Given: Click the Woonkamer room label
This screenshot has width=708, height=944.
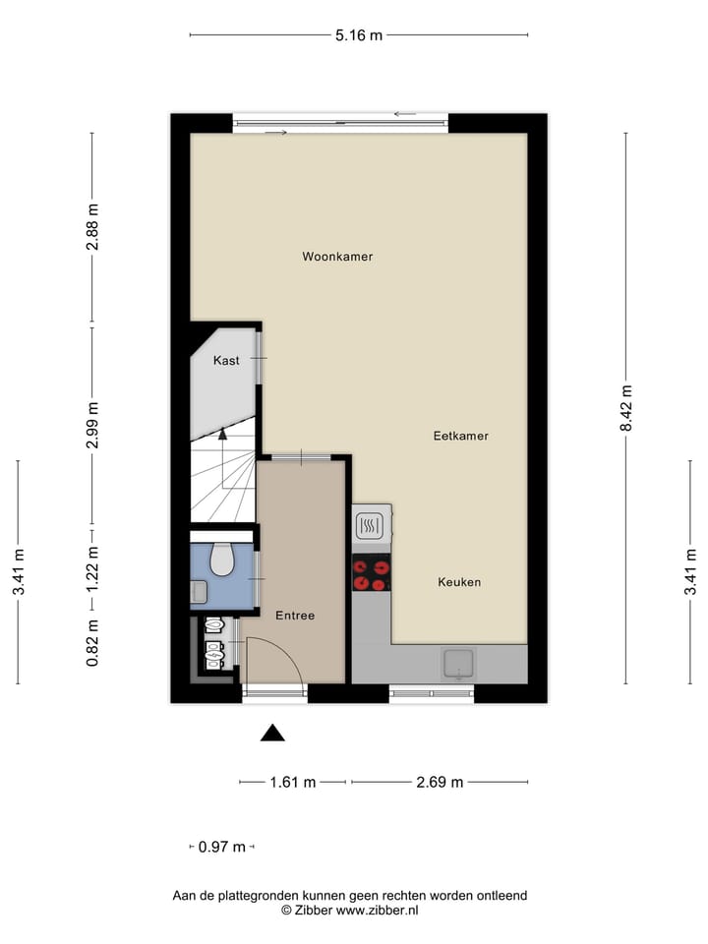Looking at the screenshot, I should [x=337, y=257].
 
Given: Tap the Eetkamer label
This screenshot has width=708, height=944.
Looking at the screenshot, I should [x=461, y=436].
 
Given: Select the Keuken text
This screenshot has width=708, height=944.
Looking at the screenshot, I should [x=459, y=582].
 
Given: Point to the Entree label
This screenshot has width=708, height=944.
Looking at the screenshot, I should [x=295, y=616].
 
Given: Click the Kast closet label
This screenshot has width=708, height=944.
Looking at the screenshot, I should [x=226, y=361].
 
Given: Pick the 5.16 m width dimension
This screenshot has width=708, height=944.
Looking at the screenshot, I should [x=359, y=35].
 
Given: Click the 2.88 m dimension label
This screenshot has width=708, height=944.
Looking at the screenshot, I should [x=92, y=226].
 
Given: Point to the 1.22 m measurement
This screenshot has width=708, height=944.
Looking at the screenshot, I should [x=92, y=567].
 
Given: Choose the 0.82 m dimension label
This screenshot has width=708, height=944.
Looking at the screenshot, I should [x=92, y=643].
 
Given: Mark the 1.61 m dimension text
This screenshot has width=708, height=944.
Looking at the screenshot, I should [x=293, y=783].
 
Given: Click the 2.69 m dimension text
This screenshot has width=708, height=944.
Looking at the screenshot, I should [x=439, y=783].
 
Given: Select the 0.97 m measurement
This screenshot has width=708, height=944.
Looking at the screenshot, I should [x=221, y=847].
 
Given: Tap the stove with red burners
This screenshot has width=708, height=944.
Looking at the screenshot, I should [x=372, y=574].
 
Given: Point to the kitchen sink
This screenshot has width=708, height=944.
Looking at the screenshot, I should [x=458, y=665].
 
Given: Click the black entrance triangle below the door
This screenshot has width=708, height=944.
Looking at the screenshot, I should [x=272, y=733].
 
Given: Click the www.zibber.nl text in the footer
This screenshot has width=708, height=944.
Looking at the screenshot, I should [x=378, y=911].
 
